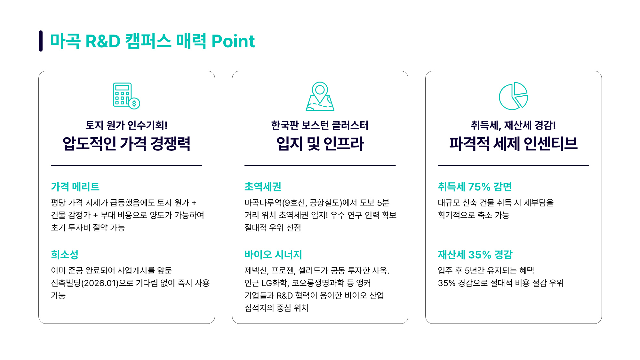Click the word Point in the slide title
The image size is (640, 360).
[x=233, y=41]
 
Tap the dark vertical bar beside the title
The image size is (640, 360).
[x=41, y=41]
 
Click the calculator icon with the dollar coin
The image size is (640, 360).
[x=126, y=96]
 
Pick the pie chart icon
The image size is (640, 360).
[x=513, y=96]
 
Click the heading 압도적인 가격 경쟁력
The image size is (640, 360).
[x=126, y=143]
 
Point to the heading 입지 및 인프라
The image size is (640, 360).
[x=320, y=143]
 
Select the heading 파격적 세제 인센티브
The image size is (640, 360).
[x=513, y=143]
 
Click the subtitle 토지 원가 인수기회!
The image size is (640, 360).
[x=126, y=125]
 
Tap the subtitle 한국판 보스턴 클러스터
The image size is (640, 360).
[x=320, y=125]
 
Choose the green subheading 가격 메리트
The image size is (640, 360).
[x=75, y=187]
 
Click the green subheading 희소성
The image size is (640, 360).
[x=65, y=254]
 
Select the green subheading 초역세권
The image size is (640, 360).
[x=263, y=187]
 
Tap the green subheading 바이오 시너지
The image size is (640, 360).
[x=273, y=254]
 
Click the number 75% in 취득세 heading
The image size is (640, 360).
[x=479, y=187]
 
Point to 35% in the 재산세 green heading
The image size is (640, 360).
[x=480, y=255]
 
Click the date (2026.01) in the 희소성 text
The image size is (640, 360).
[x=100, y=283]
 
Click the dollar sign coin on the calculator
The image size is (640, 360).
[x=134, y=103]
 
